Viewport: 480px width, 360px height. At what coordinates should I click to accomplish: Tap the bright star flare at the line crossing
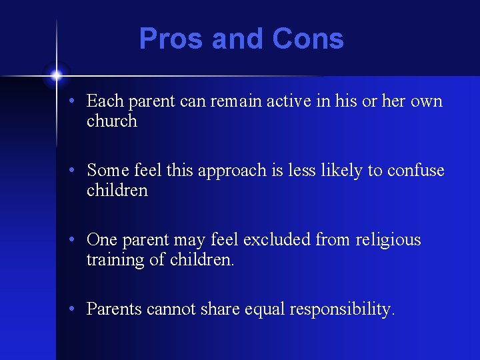pos(57,75)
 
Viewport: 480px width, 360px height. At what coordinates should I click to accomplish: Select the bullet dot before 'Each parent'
pos(78,102)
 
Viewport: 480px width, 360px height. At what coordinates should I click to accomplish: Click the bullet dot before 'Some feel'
pos(78,171)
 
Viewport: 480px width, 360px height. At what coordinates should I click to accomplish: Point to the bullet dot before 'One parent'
pos(78,241)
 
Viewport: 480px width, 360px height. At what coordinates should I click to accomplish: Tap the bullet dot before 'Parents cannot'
pos(78,310)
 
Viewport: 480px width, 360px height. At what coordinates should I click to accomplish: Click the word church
pos(111,121)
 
